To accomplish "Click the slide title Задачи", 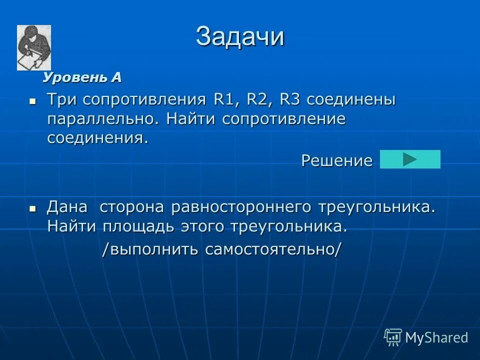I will (240, 36).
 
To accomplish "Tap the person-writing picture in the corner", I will (34, 47).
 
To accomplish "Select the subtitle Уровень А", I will (82, 77).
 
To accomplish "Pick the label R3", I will (289, 99).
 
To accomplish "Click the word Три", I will (63, 99).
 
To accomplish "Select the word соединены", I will (351, 99).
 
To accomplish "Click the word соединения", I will (97, 138).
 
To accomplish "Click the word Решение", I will (336, 160).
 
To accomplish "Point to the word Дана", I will (67, 207).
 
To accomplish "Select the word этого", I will (200, 226).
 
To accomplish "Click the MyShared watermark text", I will (436, 337).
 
